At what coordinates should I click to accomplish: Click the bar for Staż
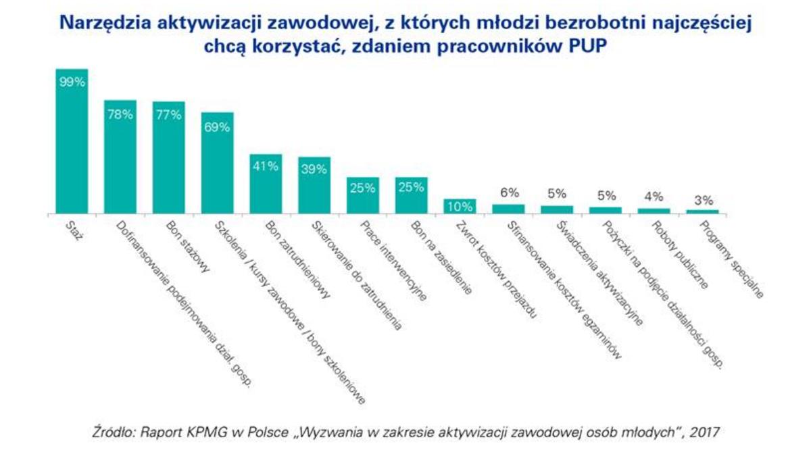click(x=72, y=149)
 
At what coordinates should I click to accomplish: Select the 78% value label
click(x=120, y=114)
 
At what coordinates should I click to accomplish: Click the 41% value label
click(x=266, y=167)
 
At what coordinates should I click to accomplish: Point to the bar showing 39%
click(x=314, y=189)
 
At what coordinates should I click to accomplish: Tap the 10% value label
click(x=460, y=205)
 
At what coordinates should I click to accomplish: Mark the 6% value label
click(x=509, y=193)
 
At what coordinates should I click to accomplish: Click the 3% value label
click(x=703, y=200)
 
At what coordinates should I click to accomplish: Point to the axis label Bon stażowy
click(x=183, y=246)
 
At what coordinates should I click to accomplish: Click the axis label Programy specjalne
click(x=733, y=260)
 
